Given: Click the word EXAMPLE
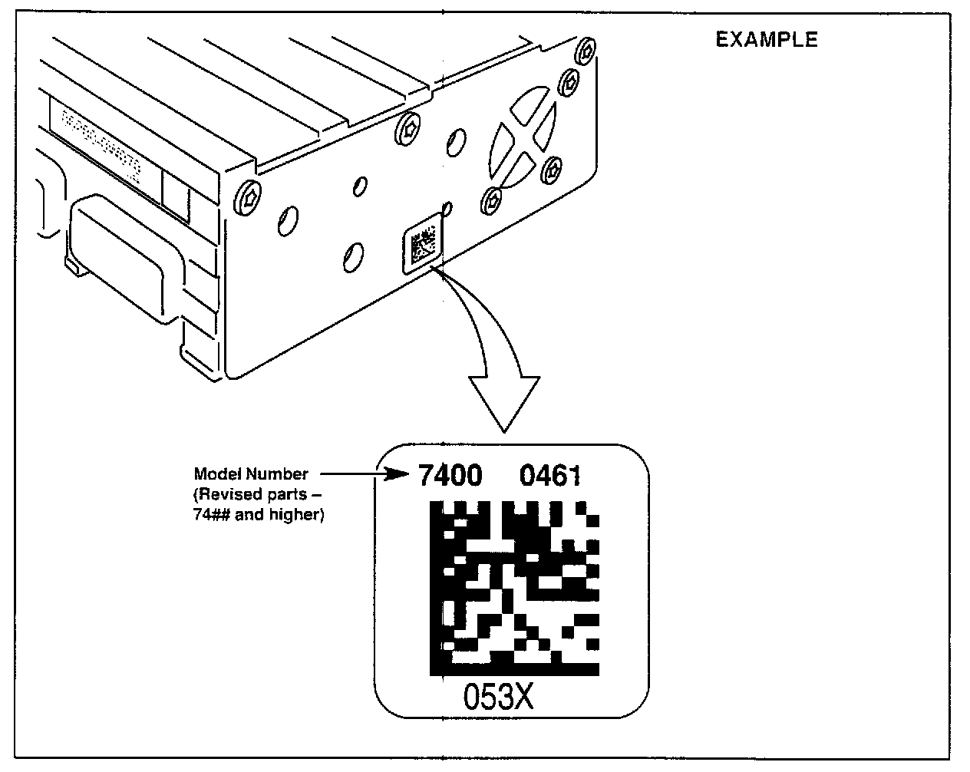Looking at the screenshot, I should click(767, 40).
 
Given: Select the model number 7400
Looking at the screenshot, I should click(450, 477).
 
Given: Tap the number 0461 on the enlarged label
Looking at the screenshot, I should click(550, 477).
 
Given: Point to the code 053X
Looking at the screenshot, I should click(498, 697).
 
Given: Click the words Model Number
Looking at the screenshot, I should click(251, 474).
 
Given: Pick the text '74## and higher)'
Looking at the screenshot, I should click(259, 515).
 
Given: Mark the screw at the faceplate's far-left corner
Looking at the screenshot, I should click(247, 196).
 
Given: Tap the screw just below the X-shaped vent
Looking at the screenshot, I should click(492, 203).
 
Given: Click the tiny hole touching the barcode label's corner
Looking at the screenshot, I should click(449, 208).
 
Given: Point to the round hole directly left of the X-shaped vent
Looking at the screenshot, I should click(456, 141).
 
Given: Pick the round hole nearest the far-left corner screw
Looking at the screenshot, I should click(286, 219).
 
